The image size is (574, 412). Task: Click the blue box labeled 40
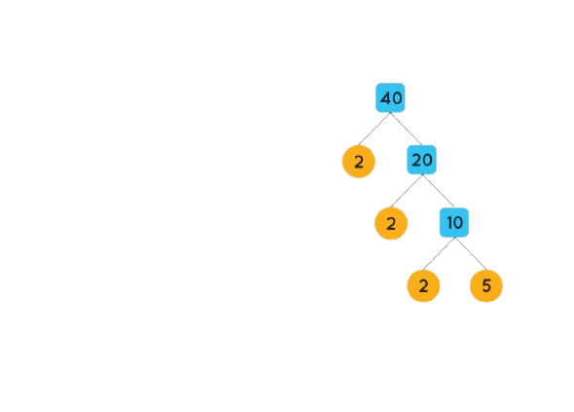pos(390,97)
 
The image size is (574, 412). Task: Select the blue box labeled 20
pos(421,160)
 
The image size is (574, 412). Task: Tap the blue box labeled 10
pos(454,222)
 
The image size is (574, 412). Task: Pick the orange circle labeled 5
pos(486,286)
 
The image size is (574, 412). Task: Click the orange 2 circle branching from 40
pos(359,162)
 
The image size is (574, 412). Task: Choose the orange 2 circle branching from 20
pos(391,224)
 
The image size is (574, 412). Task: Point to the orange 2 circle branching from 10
pos(423,286)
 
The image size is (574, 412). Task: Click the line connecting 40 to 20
pos(406,129)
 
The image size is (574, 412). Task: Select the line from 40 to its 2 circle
pos(375,129)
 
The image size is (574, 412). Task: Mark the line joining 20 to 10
pos(438,191)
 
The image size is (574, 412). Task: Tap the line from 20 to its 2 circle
pos(407,191)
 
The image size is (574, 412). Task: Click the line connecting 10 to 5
pos(471,253)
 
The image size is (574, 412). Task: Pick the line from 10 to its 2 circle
pos(439,253)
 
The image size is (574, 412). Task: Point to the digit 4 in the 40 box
pos(385,98)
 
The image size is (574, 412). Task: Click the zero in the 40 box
pos(397,98)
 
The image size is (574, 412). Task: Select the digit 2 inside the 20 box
pos(416,160)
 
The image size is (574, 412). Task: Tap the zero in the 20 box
pos(427,160)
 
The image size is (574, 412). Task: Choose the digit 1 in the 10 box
pos(450,222)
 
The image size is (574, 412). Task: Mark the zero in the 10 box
pos(458,222)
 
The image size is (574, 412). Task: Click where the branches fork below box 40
pos(390,113)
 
